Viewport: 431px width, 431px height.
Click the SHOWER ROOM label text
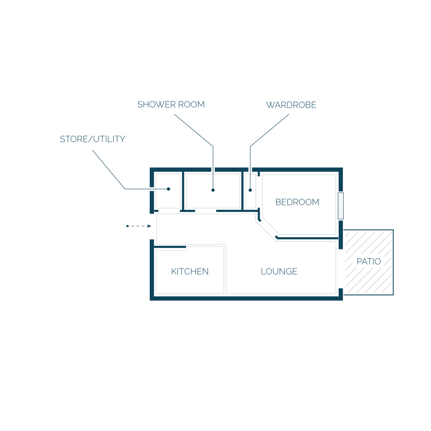pos(171,105)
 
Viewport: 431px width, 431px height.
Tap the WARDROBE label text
pos(291,105)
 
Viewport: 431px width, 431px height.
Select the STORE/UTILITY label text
pos(92,139)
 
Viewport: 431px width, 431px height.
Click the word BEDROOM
pos(297,202)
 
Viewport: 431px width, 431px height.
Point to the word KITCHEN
pos(190,271)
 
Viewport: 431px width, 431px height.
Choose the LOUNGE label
pos(279,271)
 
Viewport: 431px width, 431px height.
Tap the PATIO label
pos(369,261)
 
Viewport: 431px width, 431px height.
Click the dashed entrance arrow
pos(139,226)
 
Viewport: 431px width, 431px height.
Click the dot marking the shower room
pos(213,190)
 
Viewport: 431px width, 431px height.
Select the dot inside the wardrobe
pos(250,190)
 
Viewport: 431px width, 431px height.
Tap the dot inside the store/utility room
pos(168,189)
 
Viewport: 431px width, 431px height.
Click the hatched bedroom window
pos(340,206)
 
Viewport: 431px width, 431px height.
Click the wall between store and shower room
pos(183,191)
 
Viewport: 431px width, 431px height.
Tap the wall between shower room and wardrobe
pos(242,191)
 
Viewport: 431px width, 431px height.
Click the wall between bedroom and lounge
pos(307,238)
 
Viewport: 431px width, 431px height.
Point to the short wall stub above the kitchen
pos(170,247)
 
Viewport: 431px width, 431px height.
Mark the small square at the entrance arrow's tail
pos(128,226)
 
